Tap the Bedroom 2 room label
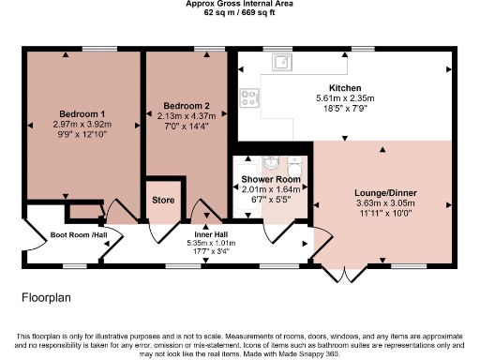point(186,105)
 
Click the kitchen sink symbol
point(280,63)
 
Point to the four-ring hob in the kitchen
point(250,96)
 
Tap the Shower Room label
point(270,179)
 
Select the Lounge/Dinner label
point(385,193)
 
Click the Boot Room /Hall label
point(79,235)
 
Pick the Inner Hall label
point(211,233)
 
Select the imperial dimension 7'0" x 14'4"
point(186,126)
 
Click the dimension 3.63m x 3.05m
point(385,203)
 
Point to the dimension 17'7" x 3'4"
point(211,251)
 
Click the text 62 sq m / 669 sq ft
point(239,13)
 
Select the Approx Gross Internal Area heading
point(239,5)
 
